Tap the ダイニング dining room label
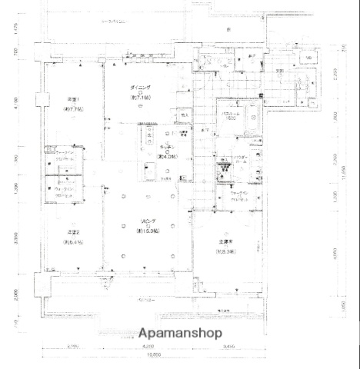click(x=140, y=89)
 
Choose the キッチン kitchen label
click(x=166, y=149)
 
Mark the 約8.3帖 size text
click(x=225, y=251)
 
